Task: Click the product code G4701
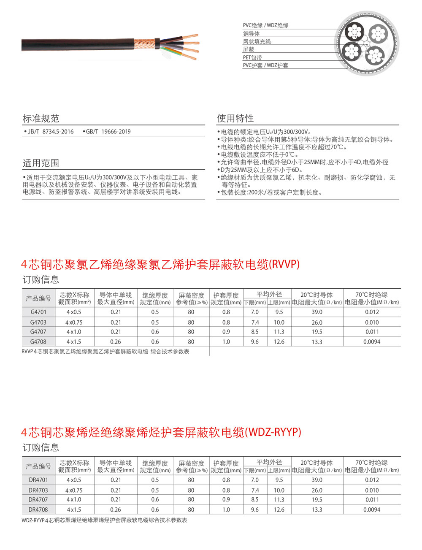click(38, 312)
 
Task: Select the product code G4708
click(38, 341)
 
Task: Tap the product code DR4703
click(38, 490)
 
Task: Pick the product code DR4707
click(38, 499)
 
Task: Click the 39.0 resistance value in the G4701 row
click(317, 312)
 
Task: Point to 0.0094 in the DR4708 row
click(372, 509)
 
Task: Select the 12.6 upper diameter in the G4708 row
click(279, 341)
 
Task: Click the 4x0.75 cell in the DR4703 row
click(74, 490)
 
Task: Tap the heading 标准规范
click(41, 119)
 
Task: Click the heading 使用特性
click(235, 118)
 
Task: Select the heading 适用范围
click(41, 163)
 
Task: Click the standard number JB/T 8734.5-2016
click(50, 132)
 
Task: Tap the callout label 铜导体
click(251, 34)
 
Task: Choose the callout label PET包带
click(252, 57)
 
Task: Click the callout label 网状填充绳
click(257, 42)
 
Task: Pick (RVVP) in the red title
click(284, 264)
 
